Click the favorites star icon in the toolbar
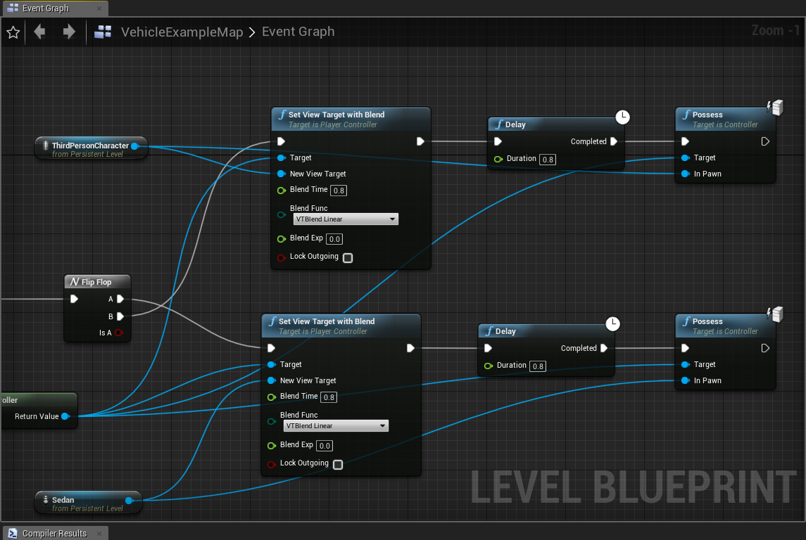click(13, 32)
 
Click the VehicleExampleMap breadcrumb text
click(182, 32)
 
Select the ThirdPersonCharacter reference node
click(90, 146)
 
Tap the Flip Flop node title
click(96, 282)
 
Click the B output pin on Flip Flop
click(120, 316)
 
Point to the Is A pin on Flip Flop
click(119, 333)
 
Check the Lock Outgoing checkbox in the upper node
click(348, 257)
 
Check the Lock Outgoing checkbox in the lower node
click(338, 464)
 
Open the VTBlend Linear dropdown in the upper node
click(346, 219)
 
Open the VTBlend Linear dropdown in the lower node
click(336, 426)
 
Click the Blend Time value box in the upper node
click(339, 191)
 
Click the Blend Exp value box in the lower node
click(325, 446)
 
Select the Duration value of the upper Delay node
click(548, 160)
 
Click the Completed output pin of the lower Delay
click(604, 348)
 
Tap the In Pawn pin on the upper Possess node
click(685, 174)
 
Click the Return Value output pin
click(65, 416)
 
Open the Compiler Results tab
click(54, 533)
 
